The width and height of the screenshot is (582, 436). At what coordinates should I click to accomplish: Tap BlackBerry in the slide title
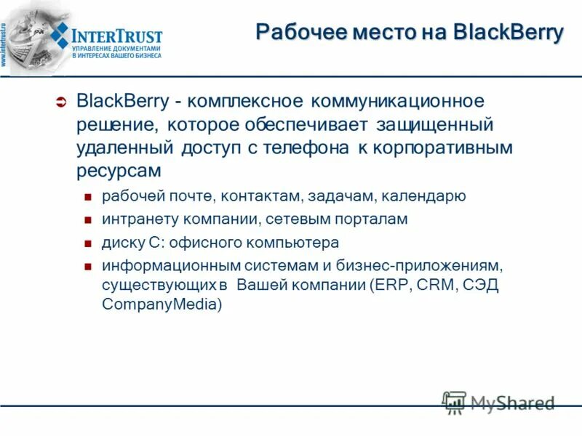click(x=508, y=33)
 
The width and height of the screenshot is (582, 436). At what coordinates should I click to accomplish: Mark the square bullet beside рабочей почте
click(x=87, y=197)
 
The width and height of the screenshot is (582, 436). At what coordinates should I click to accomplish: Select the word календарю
click(x=430, y=196)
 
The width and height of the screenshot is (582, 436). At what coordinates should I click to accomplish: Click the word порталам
click(x=370, y=219)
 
